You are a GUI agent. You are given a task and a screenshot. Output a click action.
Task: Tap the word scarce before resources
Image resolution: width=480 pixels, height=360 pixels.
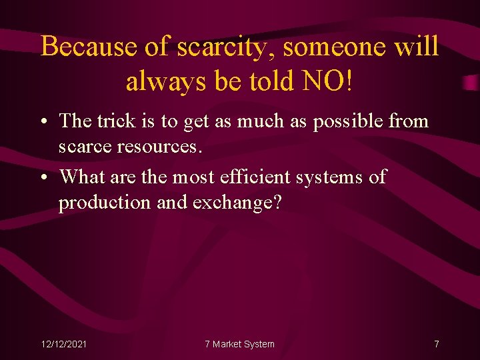[87, 146]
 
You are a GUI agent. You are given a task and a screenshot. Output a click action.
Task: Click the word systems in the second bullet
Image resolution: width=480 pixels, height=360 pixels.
[331, 177]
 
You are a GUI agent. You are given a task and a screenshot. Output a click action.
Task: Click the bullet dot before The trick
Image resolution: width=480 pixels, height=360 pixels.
[43, 122]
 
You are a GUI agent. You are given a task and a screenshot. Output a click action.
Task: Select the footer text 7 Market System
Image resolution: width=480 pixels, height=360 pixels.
[239, 344]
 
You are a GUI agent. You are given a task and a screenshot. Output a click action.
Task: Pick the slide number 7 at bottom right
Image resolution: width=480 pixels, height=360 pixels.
[436, 344]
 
